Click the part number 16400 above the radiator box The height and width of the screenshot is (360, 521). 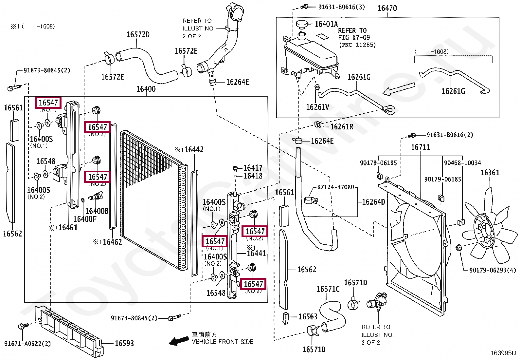pos(146,89)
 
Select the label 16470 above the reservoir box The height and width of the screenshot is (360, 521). pos(387,8)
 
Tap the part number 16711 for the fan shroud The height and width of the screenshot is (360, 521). pos(420,147)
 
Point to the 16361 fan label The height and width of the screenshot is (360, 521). pos(490,173)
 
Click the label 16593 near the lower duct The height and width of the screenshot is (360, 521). pos(124,343)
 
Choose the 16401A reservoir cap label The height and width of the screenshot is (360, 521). pos(326,24)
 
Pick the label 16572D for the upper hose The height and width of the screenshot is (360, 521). pos(138,35)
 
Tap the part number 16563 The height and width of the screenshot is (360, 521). pos(308,316)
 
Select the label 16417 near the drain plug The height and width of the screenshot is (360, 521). pos(253,168)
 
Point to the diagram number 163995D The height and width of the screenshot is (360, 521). pos(503,353)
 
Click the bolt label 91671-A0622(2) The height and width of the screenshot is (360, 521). pos(27,344)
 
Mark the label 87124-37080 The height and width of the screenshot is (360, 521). pos(335,187)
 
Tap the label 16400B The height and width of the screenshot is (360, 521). pos(97,211)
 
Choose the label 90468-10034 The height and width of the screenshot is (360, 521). pos(462,163)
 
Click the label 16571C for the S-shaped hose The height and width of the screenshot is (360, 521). pos(328,289)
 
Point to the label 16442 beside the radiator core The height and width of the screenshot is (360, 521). pos(193,150)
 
